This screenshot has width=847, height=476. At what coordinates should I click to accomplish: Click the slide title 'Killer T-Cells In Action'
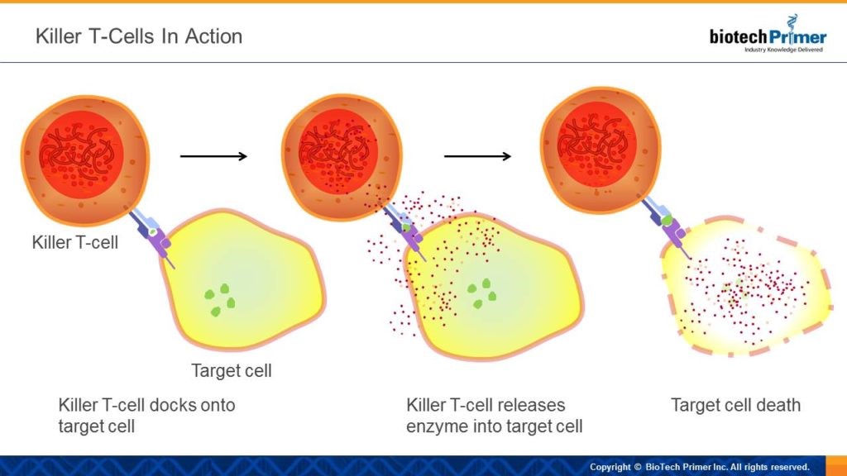point(139,36)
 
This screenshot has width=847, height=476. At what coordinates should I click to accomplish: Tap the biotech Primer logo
point(768,34)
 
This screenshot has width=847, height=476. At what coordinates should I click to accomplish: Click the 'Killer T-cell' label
point(75,242)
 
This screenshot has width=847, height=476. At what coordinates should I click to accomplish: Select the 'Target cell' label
point(232,371)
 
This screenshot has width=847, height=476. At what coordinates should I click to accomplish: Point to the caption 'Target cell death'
point(735,405)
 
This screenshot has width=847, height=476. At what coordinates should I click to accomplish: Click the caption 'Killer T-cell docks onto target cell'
point(146,416)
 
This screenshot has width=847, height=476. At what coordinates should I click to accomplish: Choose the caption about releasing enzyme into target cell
point(495,416)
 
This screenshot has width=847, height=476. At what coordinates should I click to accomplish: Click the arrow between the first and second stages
point(213,156)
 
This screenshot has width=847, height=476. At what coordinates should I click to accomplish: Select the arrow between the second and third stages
point(477,156)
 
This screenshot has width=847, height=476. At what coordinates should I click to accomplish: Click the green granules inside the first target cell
point(220,300)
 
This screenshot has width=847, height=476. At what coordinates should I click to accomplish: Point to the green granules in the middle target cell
point(482,293)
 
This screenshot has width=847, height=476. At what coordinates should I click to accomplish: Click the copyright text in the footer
point(700,467)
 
